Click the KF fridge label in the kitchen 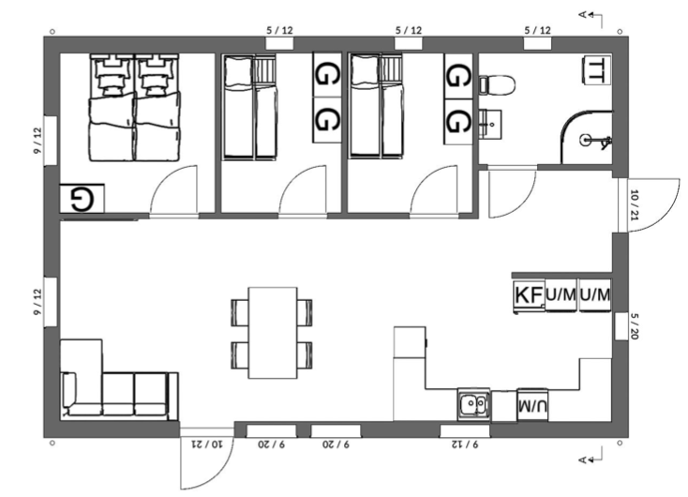[529, 295]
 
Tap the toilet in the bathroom [497, 84]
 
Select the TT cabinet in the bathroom [596, 69]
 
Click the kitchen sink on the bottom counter [473, 404]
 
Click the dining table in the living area [273, 333]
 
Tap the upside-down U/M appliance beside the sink [532, 405]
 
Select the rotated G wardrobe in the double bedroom [82, 199]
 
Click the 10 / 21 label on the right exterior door [635, 205]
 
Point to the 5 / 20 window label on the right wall [635, 326]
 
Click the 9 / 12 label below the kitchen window [465, 444]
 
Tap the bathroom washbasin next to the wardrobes [489, 124]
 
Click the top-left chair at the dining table [240, 312]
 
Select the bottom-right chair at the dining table [305, 355]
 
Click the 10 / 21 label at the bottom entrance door [207, 444]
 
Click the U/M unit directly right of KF [561, 295]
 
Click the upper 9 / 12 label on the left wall [38, 141]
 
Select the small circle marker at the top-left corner [52, 32]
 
